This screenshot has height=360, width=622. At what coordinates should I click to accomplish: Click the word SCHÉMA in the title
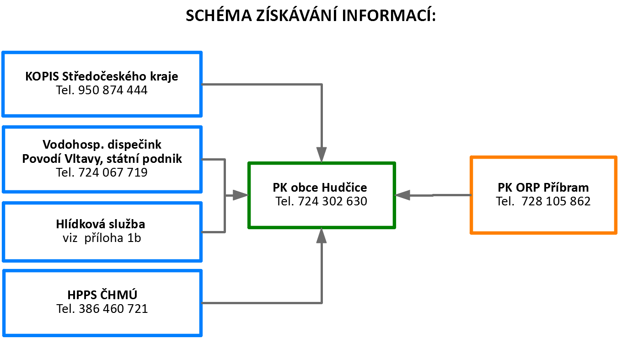coord(219,16)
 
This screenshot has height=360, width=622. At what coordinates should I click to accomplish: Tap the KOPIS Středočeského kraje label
coord(102,76)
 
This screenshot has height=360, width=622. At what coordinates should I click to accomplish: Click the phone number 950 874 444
coord(113,90)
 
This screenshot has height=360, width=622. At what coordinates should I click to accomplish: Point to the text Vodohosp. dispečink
coord(102,145)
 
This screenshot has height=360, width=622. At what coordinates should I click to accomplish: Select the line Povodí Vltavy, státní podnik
coord(102,159)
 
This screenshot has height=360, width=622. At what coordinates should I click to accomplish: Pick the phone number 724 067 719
coord(113,172)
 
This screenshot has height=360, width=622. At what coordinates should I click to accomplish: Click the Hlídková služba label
coord(101,224)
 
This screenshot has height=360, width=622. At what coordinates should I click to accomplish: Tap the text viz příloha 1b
coord(102,238)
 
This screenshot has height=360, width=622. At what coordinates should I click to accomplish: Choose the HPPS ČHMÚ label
coord(102,295)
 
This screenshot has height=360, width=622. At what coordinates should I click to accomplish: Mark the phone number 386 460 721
coord(113,309)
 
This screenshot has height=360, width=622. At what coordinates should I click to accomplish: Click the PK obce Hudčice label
coord(320,188)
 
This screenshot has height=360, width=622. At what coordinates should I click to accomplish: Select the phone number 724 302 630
coord(332,201)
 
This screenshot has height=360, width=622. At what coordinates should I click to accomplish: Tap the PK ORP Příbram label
coord(543,188)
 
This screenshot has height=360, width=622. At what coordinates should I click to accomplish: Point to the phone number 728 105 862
coord(556,201)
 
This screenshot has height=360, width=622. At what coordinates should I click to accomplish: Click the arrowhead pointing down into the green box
coord(322,155)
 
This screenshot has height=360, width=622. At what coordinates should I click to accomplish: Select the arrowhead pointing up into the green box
coord(321,236)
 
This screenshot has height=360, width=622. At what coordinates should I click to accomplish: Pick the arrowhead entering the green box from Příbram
coord(402,195)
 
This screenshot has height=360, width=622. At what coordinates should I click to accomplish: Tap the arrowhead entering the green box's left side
coord(240,195)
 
